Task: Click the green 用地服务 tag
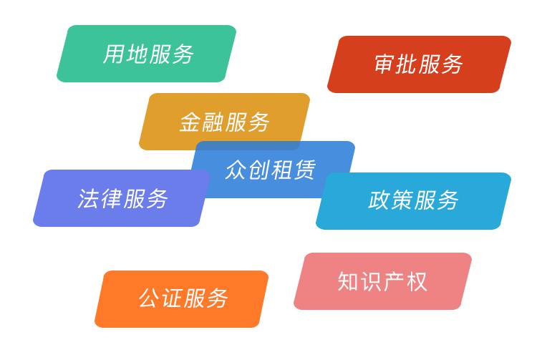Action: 147,54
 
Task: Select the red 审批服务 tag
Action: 419,64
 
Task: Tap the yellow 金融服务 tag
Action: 224,122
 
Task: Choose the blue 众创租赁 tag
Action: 272,169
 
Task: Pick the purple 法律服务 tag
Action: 122,198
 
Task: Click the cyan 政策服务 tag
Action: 413,201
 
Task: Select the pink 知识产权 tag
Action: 382,281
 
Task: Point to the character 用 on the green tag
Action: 114,54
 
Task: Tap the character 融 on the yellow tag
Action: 213,122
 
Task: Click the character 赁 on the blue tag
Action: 304,170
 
